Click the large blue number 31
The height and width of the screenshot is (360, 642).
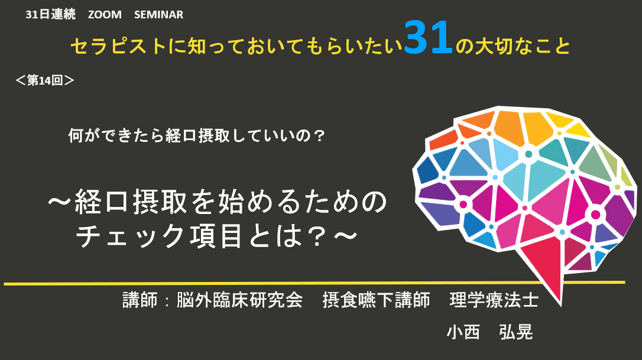428,38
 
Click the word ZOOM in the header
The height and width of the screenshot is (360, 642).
105,14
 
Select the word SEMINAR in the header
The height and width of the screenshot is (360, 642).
158,14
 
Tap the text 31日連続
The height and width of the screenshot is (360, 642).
50,14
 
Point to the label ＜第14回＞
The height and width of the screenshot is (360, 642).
44,80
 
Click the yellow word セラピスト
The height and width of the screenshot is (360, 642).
119,46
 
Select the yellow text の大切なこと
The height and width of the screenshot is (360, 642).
513,46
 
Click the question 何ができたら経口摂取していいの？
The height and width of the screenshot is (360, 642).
197,135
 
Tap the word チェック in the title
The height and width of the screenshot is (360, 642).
131,236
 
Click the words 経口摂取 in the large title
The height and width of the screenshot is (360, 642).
131,202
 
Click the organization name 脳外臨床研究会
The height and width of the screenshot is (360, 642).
239,300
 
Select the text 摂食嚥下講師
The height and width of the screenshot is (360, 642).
377,300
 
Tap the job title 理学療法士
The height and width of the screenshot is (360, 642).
494,300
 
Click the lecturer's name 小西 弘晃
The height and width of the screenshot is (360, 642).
489,332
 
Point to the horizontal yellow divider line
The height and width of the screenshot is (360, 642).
314,283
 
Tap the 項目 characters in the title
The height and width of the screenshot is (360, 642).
215,236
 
